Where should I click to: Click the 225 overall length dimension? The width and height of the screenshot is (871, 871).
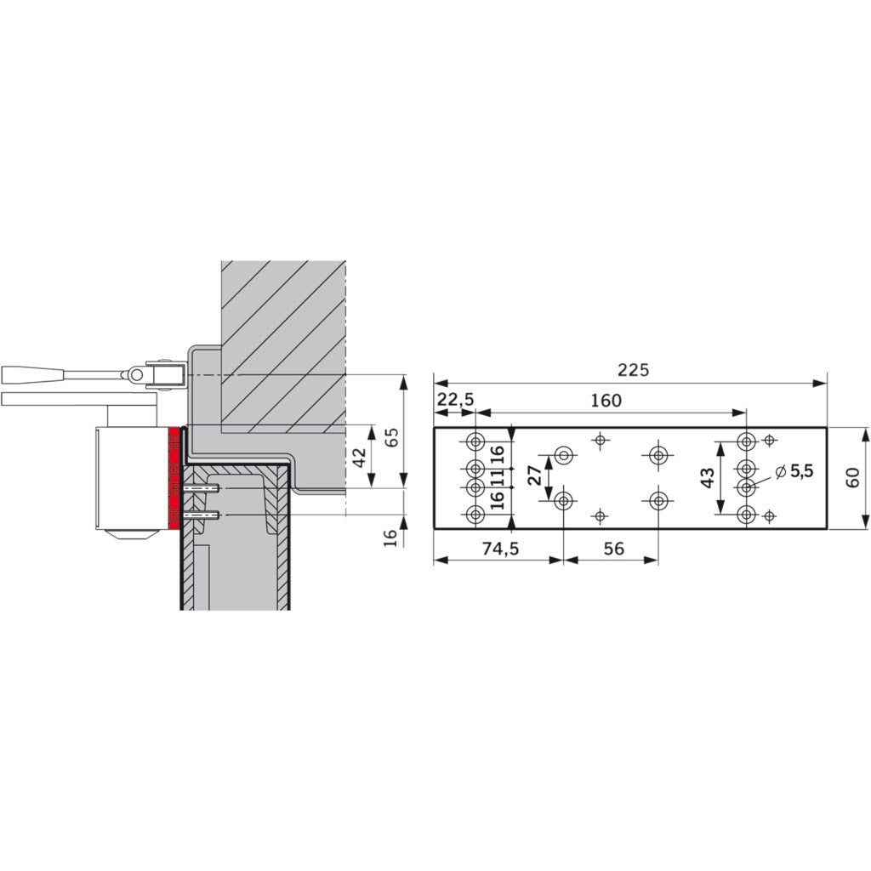coord(634,370)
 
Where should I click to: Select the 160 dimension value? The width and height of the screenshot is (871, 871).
coord(606,400)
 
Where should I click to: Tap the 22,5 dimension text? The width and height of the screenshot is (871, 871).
coord(456,400)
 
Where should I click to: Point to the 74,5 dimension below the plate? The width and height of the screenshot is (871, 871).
coord(500,549)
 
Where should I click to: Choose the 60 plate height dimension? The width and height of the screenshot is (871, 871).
coord(853,478)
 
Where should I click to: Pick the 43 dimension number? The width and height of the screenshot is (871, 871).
coord(707,478)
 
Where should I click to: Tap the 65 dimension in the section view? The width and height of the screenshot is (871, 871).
coord(391,438)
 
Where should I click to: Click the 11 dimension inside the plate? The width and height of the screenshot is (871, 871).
coord(496,477)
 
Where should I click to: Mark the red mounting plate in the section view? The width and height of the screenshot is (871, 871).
coord(175,476)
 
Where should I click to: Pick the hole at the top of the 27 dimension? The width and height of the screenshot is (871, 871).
coord(563,456)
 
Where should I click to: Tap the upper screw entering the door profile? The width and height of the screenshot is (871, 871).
coord(202,489)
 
